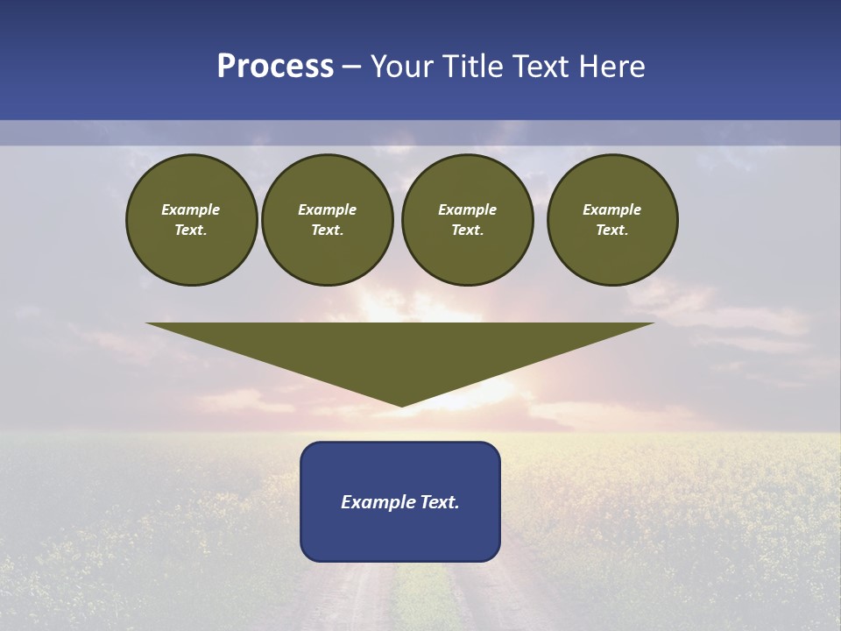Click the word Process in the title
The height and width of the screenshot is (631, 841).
click(275, 67)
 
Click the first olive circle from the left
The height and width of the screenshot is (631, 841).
click(192, 220)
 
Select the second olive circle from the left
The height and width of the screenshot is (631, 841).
click(328, 220)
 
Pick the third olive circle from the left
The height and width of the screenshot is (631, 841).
click(468, 220)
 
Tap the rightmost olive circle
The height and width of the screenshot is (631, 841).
click(612, 220)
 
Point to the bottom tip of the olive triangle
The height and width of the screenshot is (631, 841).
click(401, 405)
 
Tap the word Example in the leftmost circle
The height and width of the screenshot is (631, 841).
click(191, 209)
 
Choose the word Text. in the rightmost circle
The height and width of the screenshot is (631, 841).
click(612, 230)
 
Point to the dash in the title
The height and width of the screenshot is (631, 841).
click(351, 67)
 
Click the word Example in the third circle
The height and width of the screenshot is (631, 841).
click(468, 209)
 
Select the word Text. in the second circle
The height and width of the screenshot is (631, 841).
click(328, 230)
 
